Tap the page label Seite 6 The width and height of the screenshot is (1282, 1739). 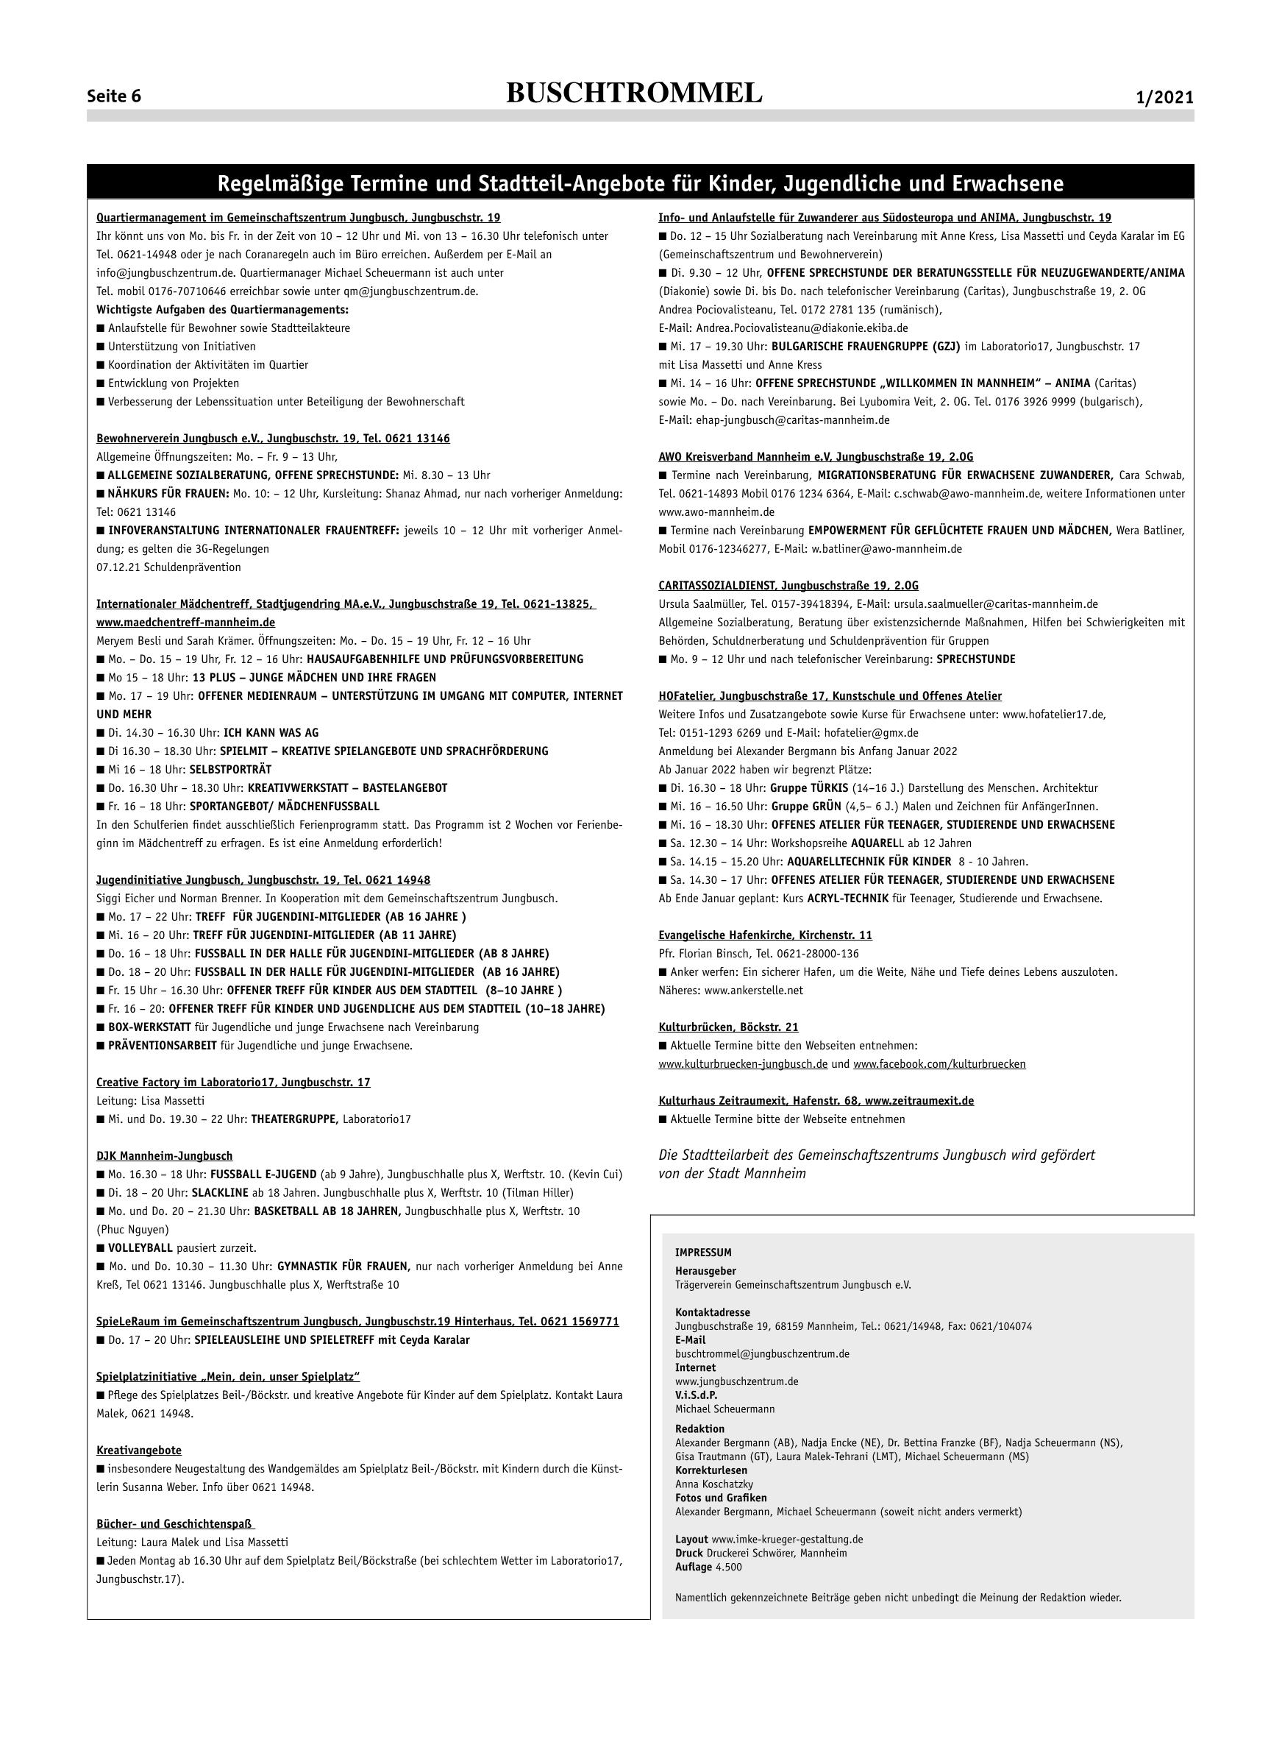(x=114, y=97)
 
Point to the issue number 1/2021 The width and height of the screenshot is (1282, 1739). (x=1164, y=98)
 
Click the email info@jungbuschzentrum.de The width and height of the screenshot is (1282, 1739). (x=167, y=272)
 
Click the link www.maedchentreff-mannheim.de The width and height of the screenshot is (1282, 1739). (x=185, y=623)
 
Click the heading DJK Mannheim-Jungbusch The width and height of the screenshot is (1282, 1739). (x=165, y=1156)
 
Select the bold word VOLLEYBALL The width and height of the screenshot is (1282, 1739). (x=140, y=1248)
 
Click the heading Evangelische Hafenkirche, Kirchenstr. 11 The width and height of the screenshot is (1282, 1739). (x=765, y=935)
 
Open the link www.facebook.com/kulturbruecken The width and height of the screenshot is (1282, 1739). (x=939, y=1063)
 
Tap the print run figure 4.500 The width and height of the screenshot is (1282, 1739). (x=729, y=1568)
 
